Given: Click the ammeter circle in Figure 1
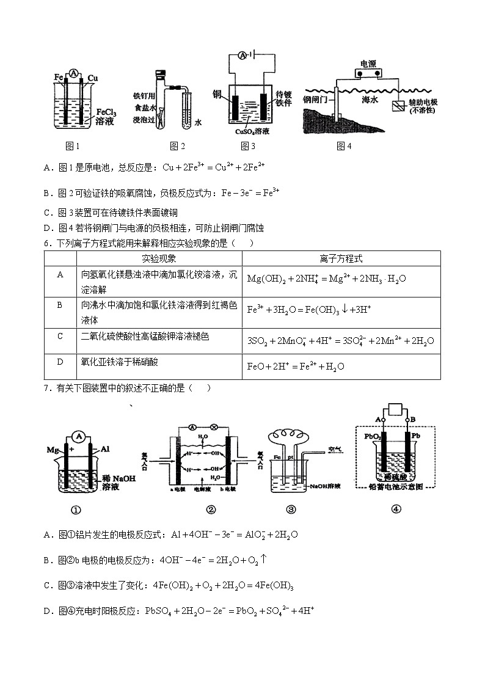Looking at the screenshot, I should click(74, 74).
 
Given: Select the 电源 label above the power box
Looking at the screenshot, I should click(368, 64).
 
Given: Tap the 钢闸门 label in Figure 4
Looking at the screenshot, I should click(318, 98).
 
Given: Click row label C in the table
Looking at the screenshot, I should click(60, 335).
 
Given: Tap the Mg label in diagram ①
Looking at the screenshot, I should click(52, 450).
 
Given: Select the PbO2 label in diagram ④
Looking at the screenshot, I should click(373, 437).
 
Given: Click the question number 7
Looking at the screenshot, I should click(47, 388).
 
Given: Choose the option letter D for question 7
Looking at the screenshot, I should click(47, 610).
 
